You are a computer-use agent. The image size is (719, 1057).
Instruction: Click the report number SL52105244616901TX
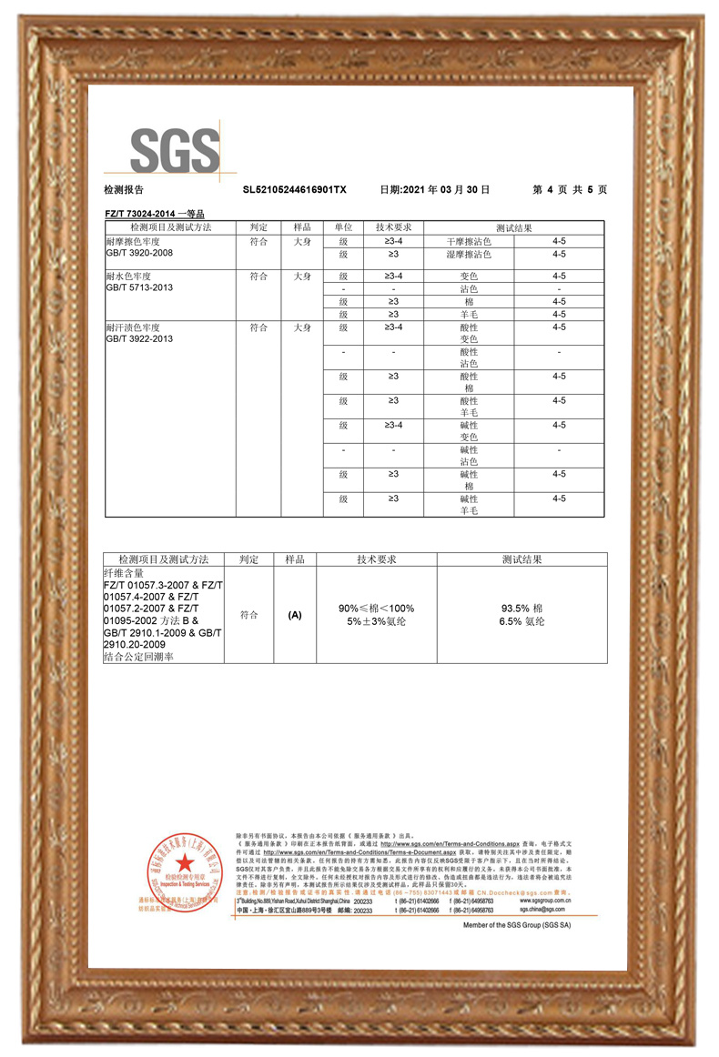pyautogui.click(x=295, y=190)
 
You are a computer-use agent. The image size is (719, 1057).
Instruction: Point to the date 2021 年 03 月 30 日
pyautogui.click(x=434, y=190)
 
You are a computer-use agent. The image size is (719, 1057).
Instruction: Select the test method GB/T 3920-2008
pyautogui.click(x=139, y=254)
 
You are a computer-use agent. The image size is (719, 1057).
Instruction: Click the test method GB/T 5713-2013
pyautogui.click(x=139, y=287)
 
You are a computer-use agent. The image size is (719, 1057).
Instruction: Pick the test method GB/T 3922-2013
pyautogui.click(x=139, y=338)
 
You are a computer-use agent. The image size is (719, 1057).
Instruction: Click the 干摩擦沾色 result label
pyautogui.click(x=469, y=242)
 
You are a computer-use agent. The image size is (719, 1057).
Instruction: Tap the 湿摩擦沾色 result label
pyautogui.click(x=469, y=255)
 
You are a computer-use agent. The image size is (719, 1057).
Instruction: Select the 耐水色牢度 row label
pyautogui.click(x=127, y=276)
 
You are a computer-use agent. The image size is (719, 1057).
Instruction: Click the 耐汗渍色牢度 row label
pyautogui.click(x=134, y=327)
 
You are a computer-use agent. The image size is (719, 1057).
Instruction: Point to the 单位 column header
pyautogui.click(x=343, y=227)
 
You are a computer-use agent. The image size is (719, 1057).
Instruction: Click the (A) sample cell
pyautogui.click(x=294, y=615)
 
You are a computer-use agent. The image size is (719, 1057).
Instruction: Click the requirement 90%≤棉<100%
pyautogui.click(x=376, y=608)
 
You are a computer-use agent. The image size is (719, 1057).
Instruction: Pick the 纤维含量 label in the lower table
pyautogui.click(x=126, y=574)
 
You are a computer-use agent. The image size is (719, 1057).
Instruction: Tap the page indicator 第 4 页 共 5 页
pyautogui.click(x=570, y=190)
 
